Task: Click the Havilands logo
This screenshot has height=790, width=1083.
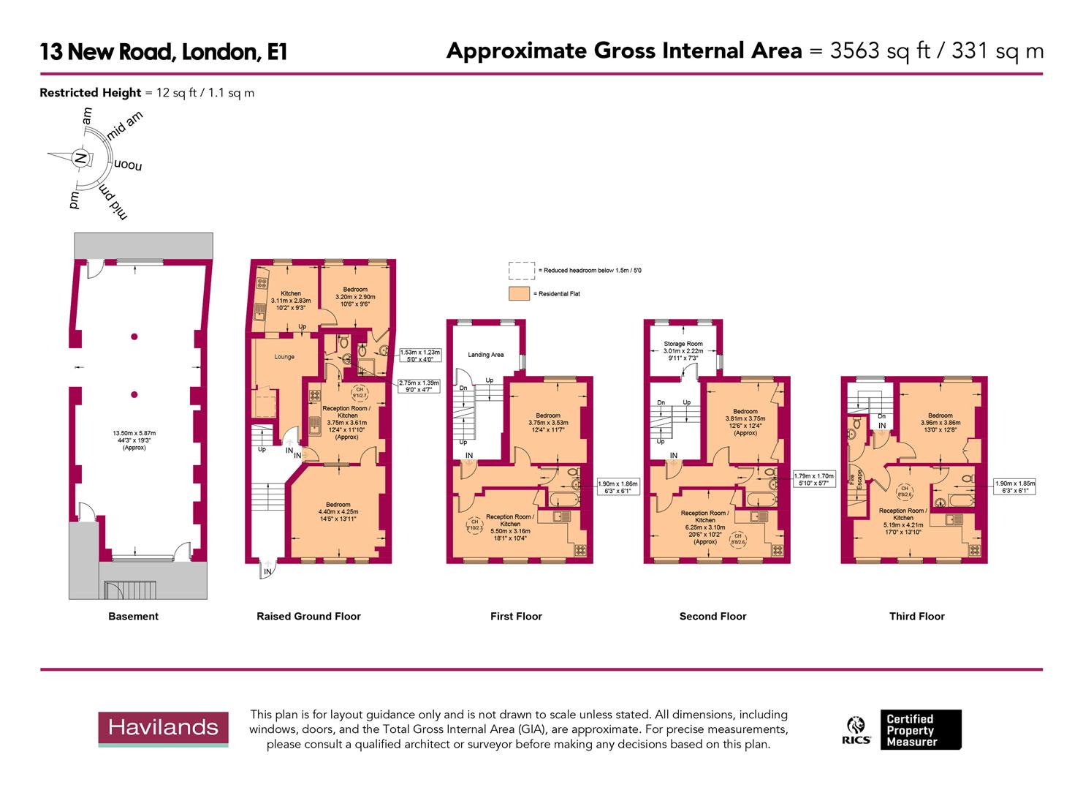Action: tap(163, 728)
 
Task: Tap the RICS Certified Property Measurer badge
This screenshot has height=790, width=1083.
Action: tap(903, 729)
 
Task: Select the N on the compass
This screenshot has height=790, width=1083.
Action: tap(81, 158)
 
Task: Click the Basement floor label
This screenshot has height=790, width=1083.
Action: tap(133, 616)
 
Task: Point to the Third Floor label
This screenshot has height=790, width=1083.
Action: tap(916, 616)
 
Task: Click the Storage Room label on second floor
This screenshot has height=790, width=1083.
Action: tap(683, 344)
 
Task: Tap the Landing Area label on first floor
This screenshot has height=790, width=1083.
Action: tap(485, 355)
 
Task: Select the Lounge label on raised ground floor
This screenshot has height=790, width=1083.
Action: tap(284, 357)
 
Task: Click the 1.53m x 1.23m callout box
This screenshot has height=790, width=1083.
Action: tap(419, 355)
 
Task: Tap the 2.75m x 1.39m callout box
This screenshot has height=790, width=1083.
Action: tap(419, 386)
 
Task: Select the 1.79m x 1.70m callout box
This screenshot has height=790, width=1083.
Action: tap(814, 479)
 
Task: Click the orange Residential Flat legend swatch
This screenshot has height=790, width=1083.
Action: tap(520, 294)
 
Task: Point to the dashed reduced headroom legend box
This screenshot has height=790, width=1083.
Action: tap(520, 271)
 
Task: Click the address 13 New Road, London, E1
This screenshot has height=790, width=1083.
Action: tap(163, 52)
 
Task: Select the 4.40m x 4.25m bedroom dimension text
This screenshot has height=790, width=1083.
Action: tap(338, 511)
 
